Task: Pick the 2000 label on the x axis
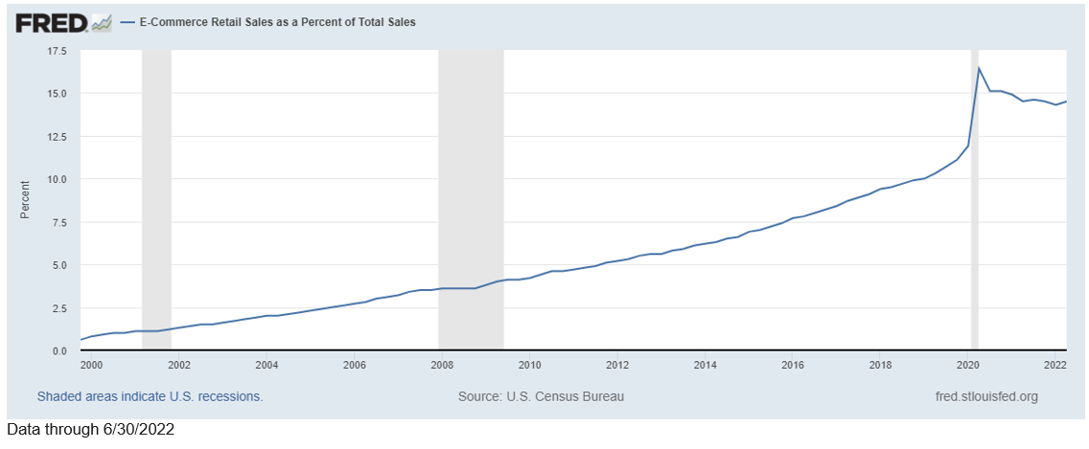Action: (91, 365)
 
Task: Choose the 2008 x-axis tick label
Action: (442, 365)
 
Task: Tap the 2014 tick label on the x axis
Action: (705, 365)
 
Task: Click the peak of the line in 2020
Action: (979, 68)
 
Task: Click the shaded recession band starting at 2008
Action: (471, 191)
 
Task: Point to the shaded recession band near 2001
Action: (156, 191)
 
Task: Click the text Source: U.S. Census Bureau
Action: (541, 396)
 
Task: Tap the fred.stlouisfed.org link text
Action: (985, 396)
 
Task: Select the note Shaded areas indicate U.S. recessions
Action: (150, 396)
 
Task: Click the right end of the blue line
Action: (1066, 101)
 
